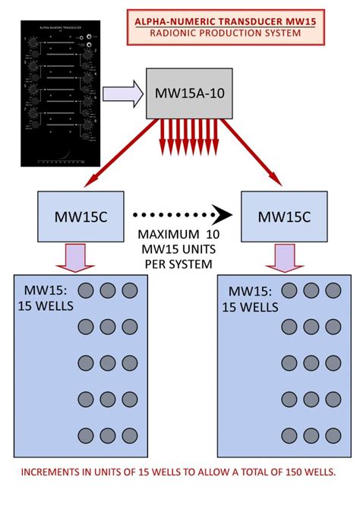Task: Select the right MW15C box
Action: tap(283, 216)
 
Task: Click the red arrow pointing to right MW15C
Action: tap(254, 155)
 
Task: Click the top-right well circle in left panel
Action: tap(130, 290)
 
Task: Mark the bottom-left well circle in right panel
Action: tap(289, 435)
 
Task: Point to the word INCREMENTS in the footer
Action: tap(54, 472)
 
